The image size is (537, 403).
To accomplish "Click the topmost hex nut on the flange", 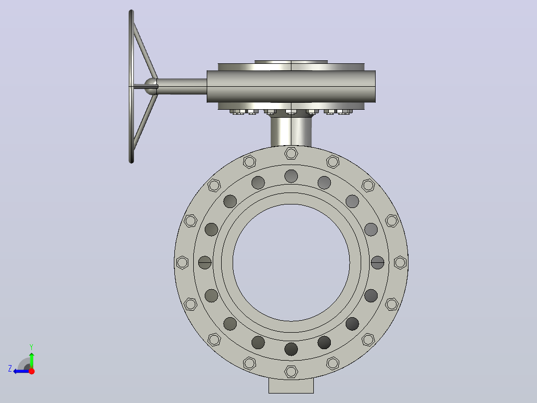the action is pos(291,153).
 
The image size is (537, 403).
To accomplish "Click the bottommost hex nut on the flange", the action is pos(291,372).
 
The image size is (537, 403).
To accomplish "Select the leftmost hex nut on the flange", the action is pos(182,263).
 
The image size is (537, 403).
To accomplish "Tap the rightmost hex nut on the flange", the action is pos(400,263).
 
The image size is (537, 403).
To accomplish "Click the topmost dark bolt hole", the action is pos(291,176).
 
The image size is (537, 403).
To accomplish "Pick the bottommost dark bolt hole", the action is pos(291,349).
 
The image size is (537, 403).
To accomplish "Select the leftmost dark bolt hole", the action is pos(205,263).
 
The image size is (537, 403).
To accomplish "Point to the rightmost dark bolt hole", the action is pos(378,263).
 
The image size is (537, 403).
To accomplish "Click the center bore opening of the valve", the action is pos(291,263).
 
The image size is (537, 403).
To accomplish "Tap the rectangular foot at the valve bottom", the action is pos(291,387).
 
